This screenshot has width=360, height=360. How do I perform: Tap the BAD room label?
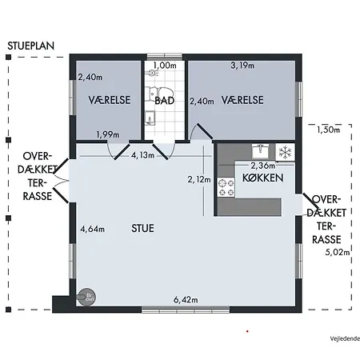[165, 101]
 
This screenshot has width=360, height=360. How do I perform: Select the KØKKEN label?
[258, 179]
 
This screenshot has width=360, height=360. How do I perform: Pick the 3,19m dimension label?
[242, 65]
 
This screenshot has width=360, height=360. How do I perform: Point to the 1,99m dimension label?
[107, 134]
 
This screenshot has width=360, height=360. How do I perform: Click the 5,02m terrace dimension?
[339, 252]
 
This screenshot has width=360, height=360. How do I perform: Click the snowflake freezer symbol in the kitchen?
[283, 151]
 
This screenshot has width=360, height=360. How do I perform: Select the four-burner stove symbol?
[226, 190]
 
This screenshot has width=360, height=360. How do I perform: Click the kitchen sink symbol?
[260, 150]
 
